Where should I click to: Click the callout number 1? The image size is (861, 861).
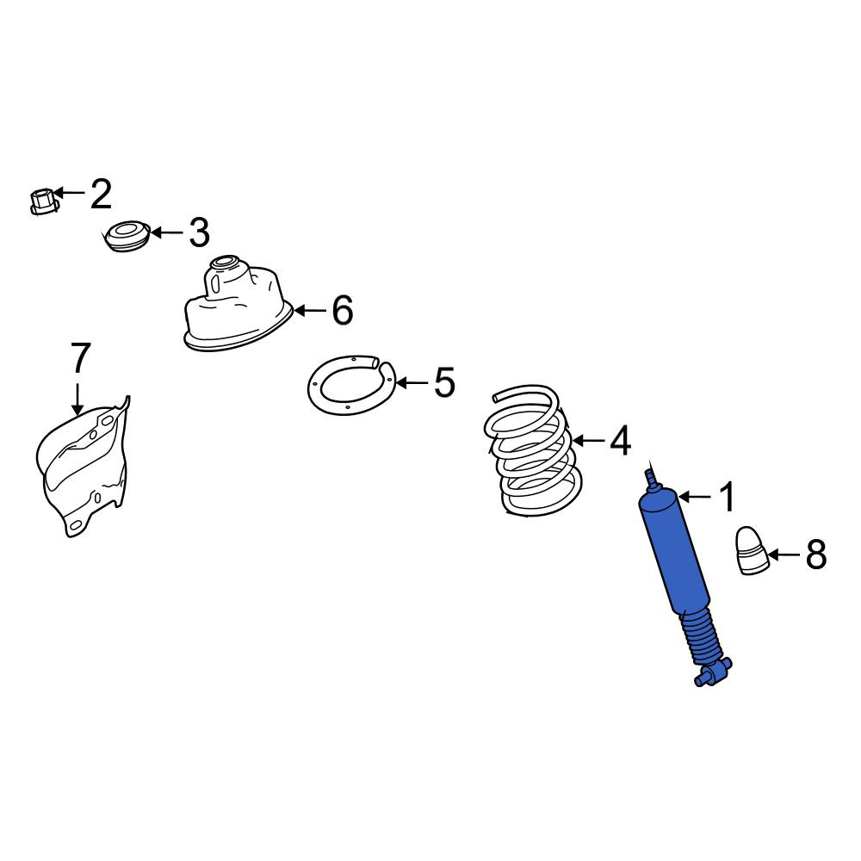pyautogui.click(x=727, y=497)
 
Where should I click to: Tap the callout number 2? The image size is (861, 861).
pyautogui.click(x=101, y=193)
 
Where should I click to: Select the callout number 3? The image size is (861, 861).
pyautogui.click(x=199, y=232)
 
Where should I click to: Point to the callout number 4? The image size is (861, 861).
pyautogui.click(x=621, y=440)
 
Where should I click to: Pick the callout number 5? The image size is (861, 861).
pyautogui.click(x=444, y=382)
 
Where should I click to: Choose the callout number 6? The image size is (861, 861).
pyautogui.click(x=342, y=310)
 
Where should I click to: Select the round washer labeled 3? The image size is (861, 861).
pyautogui.click(x=127, y=237)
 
